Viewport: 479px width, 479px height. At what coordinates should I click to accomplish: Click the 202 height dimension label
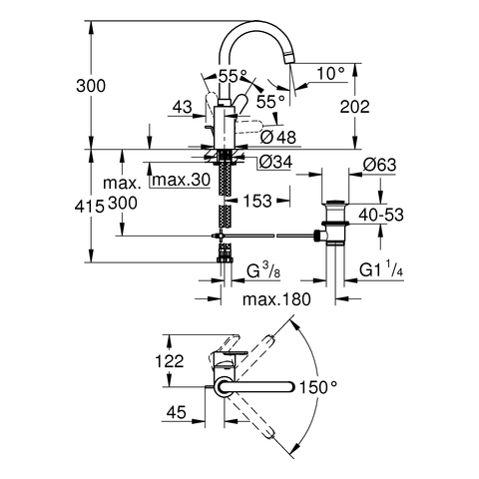354,107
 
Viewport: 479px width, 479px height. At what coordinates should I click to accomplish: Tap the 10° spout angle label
330,73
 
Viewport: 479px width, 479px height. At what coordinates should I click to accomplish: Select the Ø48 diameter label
278,137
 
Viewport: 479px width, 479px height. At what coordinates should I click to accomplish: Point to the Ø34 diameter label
275,162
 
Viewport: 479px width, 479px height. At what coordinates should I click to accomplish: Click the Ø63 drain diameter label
380,165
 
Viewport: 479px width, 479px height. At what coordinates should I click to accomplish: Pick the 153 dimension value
257,201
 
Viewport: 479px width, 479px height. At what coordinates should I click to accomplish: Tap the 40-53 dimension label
381,215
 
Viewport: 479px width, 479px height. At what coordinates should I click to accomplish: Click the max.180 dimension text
276,299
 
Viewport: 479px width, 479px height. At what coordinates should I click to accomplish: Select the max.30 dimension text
182,180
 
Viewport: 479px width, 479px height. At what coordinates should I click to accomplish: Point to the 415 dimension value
90,207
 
